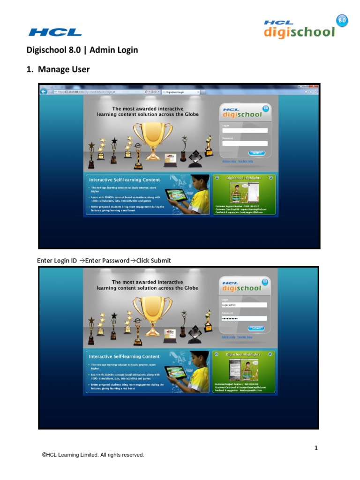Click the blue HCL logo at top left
(55, 32)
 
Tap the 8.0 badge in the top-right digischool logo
(342, 21)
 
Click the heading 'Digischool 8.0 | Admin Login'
(82, 50)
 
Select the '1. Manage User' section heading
(58, 69)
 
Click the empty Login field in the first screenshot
(244, 131)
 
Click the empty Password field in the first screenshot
(244, 143)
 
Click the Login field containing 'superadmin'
(244, 305)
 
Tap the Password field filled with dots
(244, 318)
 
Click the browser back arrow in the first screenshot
(44, 91)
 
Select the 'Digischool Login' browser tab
(180, 92)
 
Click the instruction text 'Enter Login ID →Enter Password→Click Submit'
(104, 261)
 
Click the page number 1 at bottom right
(316, 448)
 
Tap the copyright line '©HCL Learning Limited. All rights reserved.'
(93, 455)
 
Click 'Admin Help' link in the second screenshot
(229, 337)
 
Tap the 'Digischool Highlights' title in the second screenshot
(243, 355)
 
